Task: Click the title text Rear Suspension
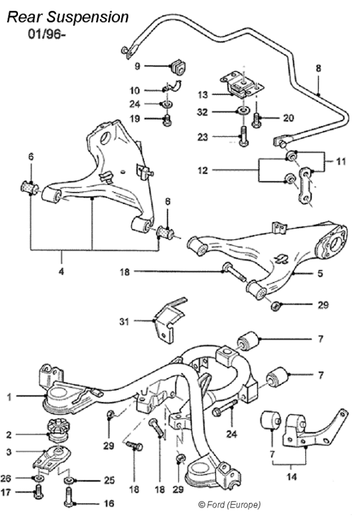coord(67,17)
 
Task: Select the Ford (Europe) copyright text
coord(229,505)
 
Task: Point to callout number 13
coord(203,94)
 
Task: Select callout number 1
coord(9,396)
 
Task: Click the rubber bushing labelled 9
coord(178,65)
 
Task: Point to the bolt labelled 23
coord(242,136)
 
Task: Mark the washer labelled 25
coord(70,481)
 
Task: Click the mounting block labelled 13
coord(239,85)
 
